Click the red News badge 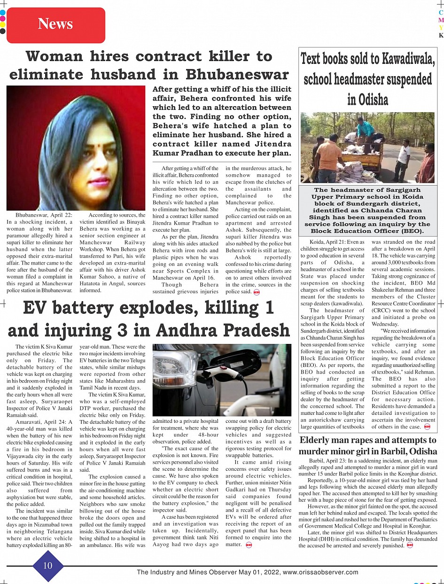click(x=55, y=24)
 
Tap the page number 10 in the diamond click(x=48, y=565)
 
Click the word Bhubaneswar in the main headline click(x=237, y=75)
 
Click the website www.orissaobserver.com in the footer click(x=321, y=572)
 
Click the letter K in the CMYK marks click(x=441, y=35)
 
